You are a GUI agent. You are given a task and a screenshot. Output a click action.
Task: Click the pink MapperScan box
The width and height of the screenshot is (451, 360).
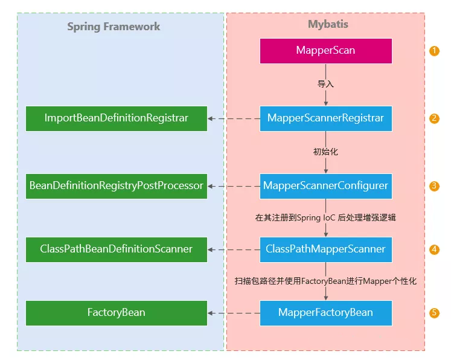point(326,51)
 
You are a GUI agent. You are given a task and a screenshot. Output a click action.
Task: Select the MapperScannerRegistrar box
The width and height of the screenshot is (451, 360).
point(326,118)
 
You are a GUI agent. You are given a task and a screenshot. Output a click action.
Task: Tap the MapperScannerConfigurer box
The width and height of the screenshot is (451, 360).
point(326,186)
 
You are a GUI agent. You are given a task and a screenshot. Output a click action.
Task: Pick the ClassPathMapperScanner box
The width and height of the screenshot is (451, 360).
point(326,249)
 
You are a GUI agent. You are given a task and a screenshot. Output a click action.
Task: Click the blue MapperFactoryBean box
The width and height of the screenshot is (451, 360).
point(326,313)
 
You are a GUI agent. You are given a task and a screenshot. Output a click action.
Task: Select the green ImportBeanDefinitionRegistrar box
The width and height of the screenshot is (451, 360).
point(117,118)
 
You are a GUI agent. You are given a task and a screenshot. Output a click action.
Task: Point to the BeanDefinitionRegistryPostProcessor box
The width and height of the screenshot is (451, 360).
point(117,186)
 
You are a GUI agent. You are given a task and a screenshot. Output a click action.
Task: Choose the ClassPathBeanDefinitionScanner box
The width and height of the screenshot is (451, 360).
point(117,249)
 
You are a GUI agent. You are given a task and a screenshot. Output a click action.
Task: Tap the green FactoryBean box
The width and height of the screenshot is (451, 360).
point(117,313)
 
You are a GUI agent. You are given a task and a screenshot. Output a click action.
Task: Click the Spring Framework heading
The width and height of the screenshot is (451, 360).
point(114,27)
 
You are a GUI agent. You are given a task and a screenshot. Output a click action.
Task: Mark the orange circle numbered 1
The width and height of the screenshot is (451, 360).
point(435,51)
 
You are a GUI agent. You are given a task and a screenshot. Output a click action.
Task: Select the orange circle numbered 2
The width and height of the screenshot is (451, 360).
point(435,118)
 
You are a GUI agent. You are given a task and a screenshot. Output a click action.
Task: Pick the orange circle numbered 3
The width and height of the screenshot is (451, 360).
point(435,186)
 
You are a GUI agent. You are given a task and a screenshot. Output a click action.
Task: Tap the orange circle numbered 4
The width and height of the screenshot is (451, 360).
point(435,249)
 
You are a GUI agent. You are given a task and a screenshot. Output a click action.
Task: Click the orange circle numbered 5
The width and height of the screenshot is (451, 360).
point(435,313)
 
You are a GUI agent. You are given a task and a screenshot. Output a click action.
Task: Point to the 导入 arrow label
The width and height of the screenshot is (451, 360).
point(326,84)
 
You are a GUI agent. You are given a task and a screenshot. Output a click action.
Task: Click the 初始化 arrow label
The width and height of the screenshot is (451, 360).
point(326,152)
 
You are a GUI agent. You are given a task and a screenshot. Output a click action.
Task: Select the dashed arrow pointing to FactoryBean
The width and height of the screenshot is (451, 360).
point(234,313)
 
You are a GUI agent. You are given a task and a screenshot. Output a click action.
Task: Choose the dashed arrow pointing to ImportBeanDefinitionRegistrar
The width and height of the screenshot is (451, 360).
point(234,118)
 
